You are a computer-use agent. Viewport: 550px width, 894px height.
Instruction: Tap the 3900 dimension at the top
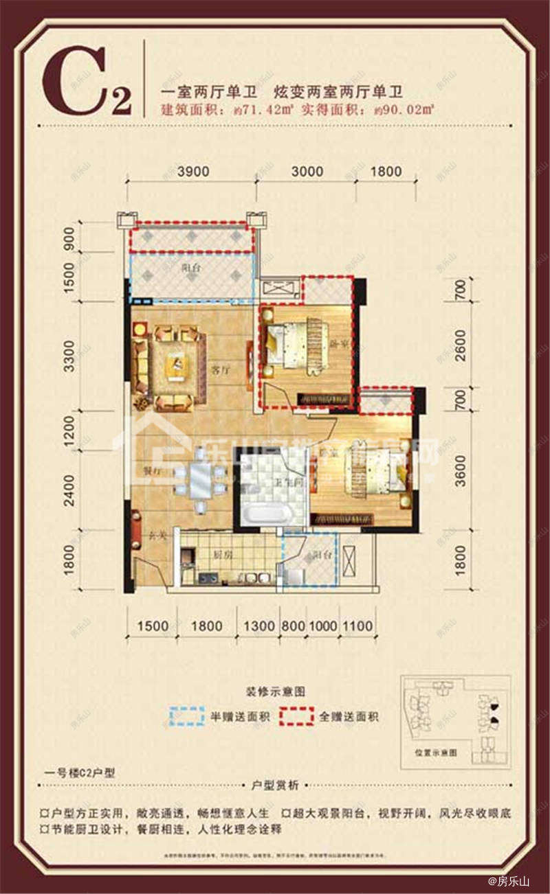[192, 172]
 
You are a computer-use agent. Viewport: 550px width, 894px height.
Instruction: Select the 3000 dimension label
[307, 172]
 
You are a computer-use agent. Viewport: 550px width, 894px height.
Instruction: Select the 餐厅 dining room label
[152, 472]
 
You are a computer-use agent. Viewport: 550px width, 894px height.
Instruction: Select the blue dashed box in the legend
[187, 716]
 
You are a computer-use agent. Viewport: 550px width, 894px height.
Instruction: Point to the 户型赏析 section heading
[276, 785]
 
